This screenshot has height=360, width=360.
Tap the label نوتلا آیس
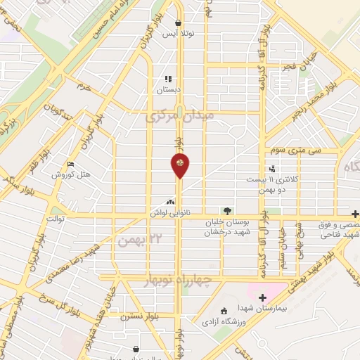pyautogui.click(x=179, y=33)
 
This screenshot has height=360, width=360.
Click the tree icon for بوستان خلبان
pyautogui.click(x=226, y=210)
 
